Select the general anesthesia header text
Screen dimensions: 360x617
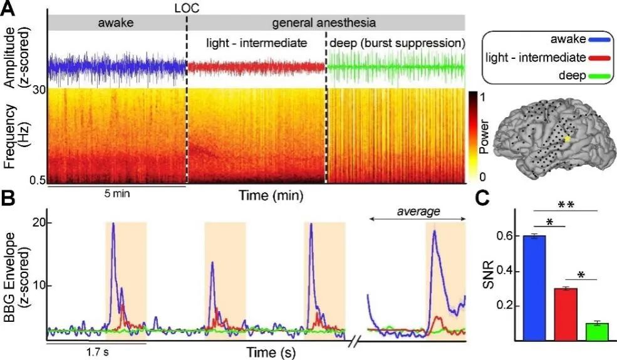324,24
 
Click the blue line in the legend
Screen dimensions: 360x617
598,39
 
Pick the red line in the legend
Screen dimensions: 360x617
598,58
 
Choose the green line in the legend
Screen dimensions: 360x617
598,76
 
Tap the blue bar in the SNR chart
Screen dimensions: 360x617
538,288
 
